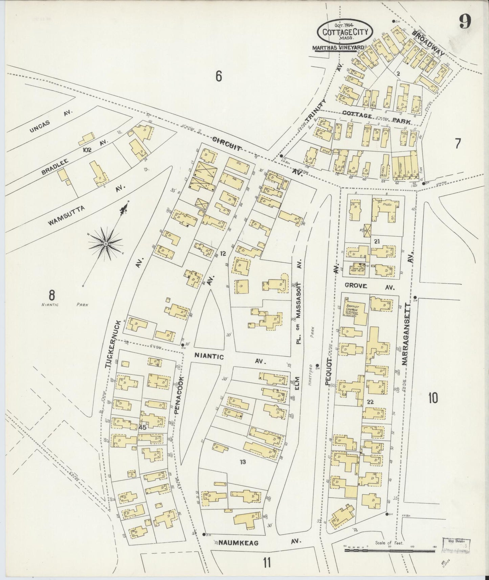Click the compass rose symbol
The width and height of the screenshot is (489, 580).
(x=106, y=243)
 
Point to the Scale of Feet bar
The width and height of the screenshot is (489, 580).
(x=389, y=551)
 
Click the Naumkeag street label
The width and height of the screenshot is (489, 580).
(x=238, y=542)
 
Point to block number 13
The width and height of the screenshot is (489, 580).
(x=242, y=462)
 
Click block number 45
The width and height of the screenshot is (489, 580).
(x=142, y=428)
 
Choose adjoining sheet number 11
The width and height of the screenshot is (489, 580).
(x=267, y=563)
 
